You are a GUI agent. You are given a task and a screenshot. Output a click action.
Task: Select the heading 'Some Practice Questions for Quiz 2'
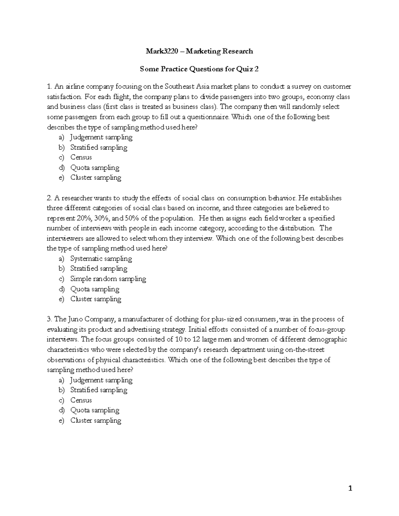pos(199,69)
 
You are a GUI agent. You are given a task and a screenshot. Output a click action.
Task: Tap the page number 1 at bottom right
pos(350,488)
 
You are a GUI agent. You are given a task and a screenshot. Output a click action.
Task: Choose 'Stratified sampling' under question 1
pos(99,147)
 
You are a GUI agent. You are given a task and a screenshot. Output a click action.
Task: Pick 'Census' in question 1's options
pos(81,157)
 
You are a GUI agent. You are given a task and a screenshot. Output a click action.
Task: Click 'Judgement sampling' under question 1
pos(101,137)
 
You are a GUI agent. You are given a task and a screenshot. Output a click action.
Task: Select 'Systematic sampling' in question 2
pos(101,258)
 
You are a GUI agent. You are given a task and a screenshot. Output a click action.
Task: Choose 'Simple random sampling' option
pos(108,279)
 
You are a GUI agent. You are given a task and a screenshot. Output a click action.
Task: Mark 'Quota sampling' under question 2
pos(95,289)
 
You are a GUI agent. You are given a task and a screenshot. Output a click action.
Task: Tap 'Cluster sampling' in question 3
pos(96,420)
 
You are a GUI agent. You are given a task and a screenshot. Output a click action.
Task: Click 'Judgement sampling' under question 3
pos(101,380)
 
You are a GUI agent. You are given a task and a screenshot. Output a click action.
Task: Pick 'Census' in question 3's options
pos(81,400)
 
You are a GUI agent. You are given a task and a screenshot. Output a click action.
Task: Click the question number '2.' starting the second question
pos(50,198)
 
